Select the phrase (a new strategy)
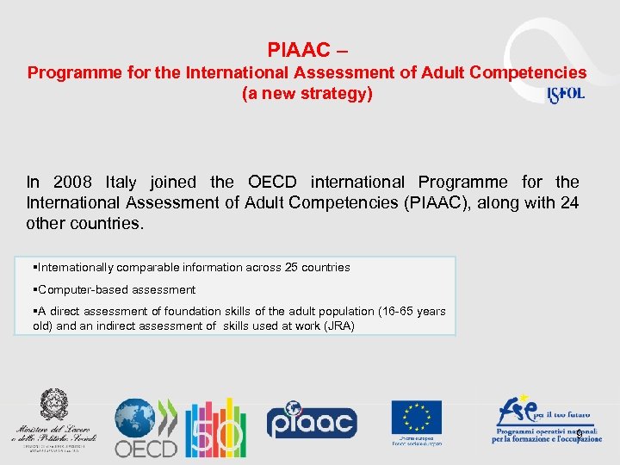tap(307, 94)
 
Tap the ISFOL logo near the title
tap(566, 94)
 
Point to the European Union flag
tap(416, 418)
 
